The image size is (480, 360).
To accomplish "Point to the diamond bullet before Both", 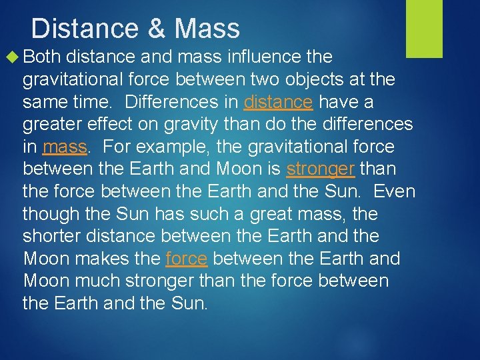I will pos(15,57).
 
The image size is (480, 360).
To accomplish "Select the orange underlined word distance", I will pos(278,102).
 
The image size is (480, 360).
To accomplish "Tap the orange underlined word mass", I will pos(64,147).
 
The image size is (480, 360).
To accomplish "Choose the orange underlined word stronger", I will pos(320,169).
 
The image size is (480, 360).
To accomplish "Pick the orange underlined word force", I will pos(186,259).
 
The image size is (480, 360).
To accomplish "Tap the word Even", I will pos(394,191).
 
